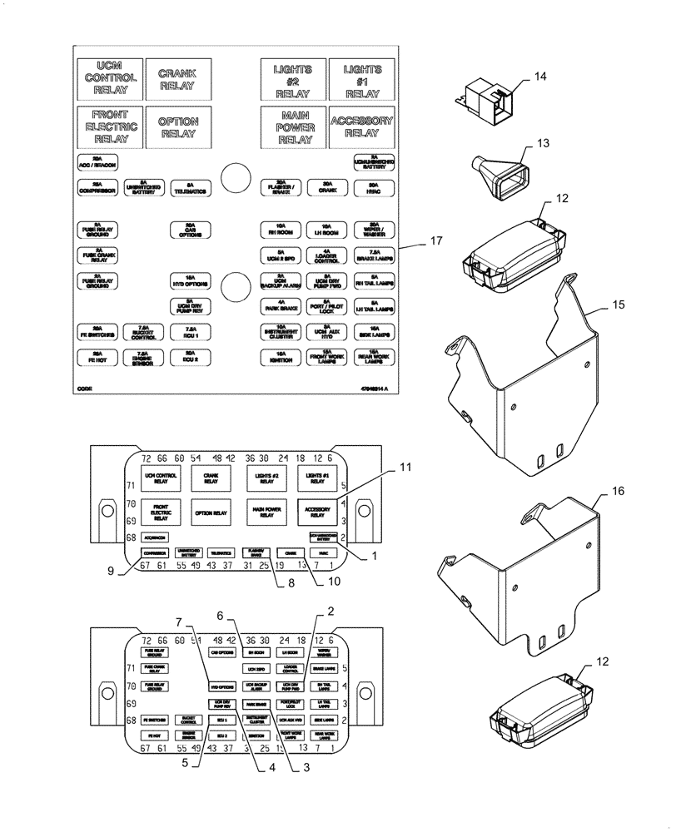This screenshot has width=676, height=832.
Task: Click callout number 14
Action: coord(540,77)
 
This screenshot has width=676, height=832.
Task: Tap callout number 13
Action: coord(543,144)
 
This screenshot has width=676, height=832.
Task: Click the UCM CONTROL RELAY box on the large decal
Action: coord(109,77)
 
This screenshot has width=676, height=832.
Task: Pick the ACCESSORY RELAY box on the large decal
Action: coord(360,126)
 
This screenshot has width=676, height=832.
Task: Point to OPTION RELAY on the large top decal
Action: coord(177,126)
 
